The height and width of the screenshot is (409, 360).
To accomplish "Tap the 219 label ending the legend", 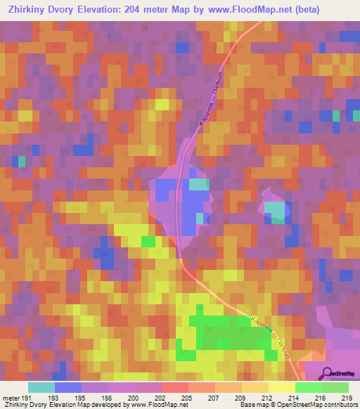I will click(x=346, y=397).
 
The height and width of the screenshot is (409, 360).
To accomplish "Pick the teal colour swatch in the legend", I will click(x=41, y=387).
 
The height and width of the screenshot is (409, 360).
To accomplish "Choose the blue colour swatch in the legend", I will click(x=68, y=387).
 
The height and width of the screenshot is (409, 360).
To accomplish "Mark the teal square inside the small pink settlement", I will click(x=276, y=211).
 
